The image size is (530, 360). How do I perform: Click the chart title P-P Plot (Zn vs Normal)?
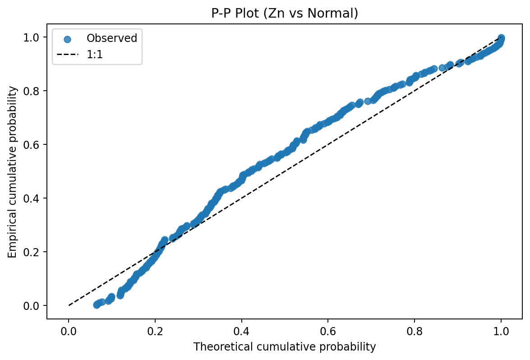[x=285, y=14]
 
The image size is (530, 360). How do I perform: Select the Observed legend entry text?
[x=112, y=38]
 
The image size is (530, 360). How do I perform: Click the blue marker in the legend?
[x=67, y=39]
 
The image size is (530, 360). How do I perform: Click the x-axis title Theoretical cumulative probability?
[x=285, y=347]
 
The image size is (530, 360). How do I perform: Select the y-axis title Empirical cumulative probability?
[x=12, y=172]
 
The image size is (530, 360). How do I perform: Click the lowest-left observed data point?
[x=97, y=305]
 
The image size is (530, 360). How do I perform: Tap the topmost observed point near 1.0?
[x=501, y=37]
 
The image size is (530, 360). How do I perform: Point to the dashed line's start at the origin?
[x=69, y=305]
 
